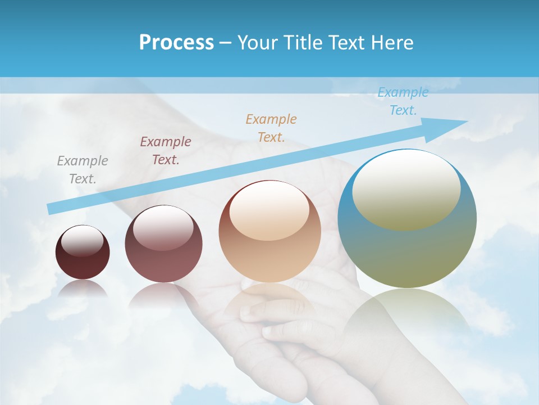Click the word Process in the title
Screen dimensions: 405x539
[176, 43]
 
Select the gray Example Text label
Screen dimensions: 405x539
[83, 170]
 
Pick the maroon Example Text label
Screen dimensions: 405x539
[166, 151]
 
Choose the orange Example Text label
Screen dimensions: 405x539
[271, 128]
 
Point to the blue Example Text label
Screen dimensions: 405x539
[403, 101]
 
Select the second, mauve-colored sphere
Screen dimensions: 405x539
[163, 264]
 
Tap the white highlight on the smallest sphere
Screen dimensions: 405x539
[83, 241]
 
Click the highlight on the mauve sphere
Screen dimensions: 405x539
[163, 228]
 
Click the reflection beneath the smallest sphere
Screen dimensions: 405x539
[83, 289]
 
